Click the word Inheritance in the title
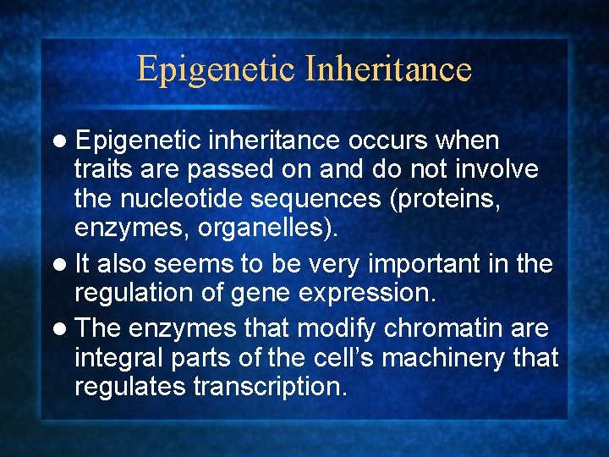(389, 69)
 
